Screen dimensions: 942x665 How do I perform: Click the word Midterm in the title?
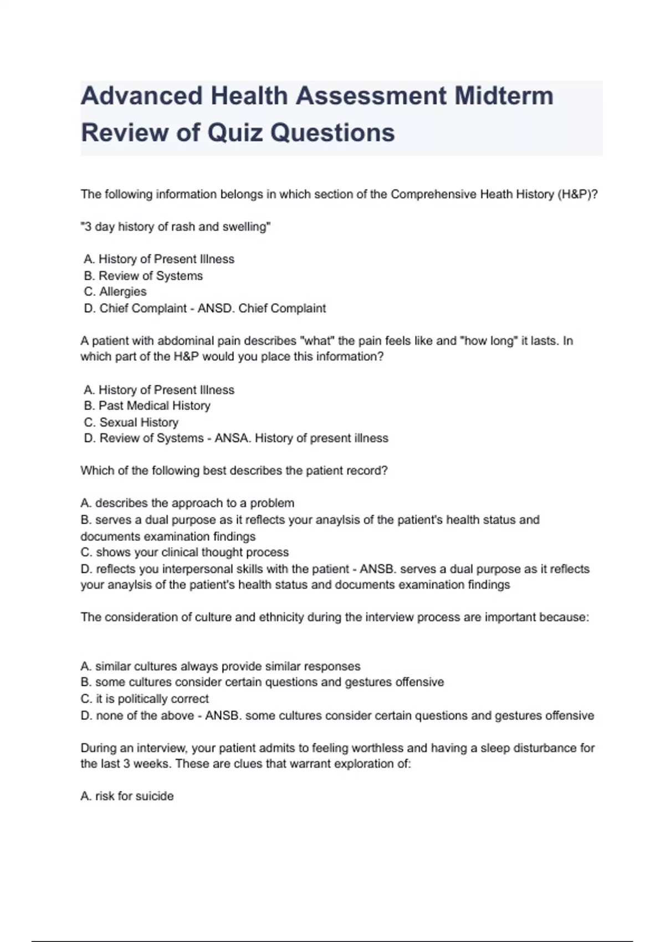(x=504, y=96)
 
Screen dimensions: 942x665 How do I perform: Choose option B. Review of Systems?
(x=144, y=275)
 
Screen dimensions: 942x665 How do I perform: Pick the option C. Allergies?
(x=115, y=291)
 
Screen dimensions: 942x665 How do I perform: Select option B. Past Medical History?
(x=147, y=406)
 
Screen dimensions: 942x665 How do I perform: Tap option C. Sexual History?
(x=131, y=422)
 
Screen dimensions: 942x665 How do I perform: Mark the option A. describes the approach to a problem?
(x=187, y=503)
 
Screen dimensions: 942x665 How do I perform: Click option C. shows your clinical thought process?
(x=185, y=552)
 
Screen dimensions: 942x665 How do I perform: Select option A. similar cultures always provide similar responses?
(x=221, y=666)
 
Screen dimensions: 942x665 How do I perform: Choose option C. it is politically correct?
(x=145, y=699)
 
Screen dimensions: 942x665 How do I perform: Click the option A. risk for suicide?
(x=127, y=796)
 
